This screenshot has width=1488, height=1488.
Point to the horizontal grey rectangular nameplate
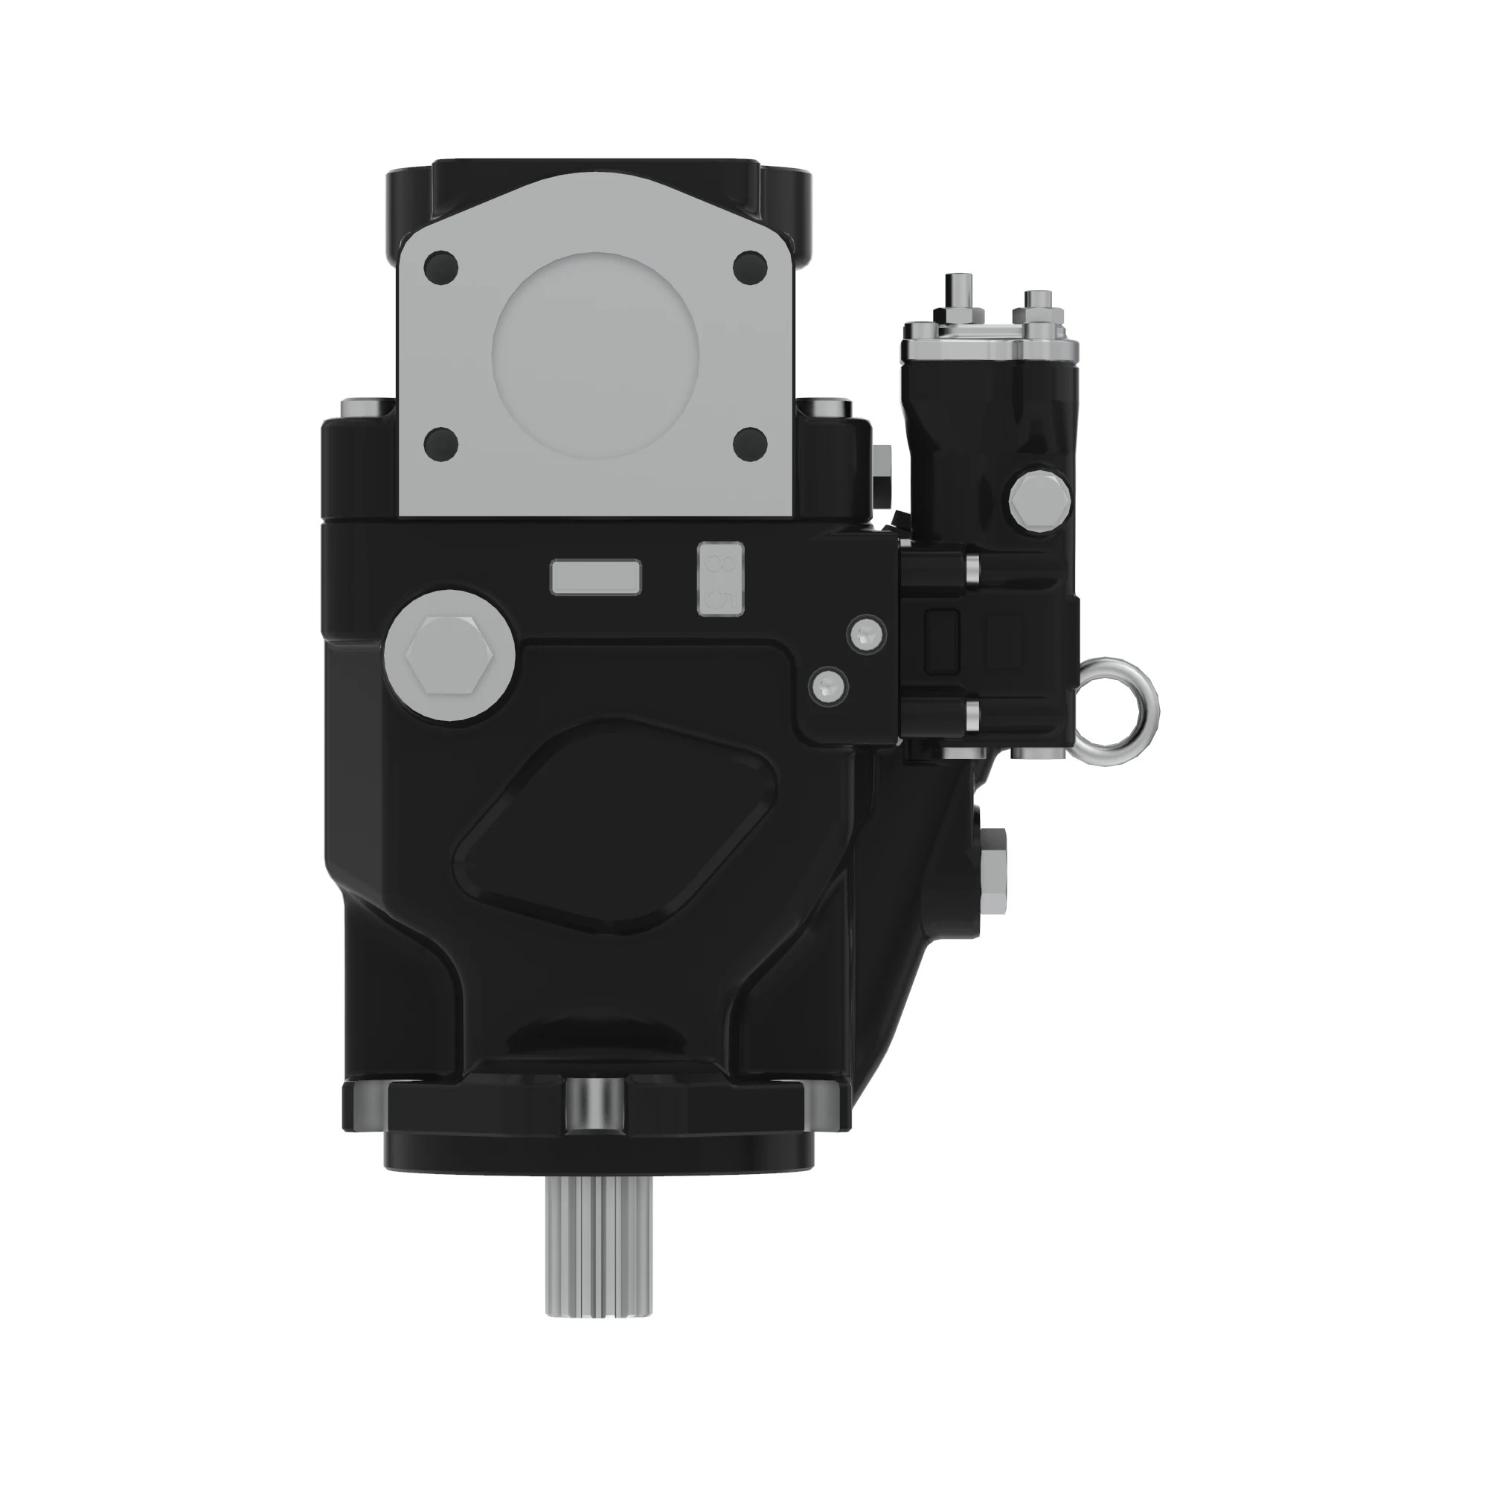click(595, 577)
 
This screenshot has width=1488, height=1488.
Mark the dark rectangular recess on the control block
click(942, 641)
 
